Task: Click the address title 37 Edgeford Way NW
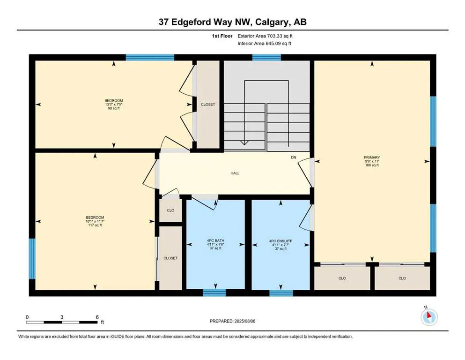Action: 232,22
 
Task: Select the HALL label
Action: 235,173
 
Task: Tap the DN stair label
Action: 294,157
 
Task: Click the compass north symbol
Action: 429,316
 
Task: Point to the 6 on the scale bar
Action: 97,317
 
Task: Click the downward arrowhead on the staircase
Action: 244,143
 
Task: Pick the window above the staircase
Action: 266,58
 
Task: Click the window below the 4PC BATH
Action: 214,293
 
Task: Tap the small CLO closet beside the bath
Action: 170,210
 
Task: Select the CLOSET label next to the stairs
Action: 207,105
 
